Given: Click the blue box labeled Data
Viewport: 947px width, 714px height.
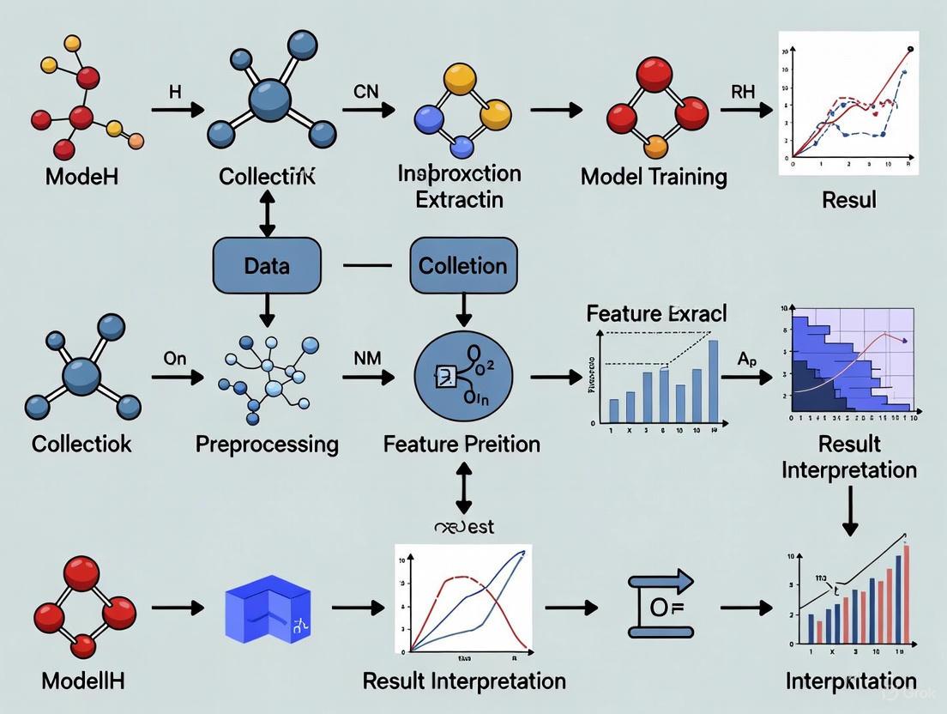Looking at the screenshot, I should coord(267,266).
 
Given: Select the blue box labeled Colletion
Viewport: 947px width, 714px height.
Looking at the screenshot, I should coord(463,266).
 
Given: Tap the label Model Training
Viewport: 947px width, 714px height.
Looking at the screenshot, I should coord(654,177).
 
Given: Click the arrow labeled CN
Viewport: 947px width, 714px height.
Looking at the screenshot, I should coord(369,109).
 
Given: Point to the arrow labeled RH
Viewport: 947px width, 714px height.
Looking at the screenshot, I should coord(745,109).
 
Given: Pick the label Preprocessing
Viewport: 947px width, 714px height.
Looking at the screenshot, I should coord(267,444).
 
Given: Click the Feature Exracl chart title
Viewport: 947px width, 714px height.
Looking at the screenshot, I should coord(656,313).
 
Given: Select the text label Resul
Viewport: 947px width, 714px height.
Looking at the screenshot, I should coord(848,200).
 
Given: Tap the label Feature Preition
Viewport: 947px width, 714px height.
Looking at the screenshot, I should coord(461,444).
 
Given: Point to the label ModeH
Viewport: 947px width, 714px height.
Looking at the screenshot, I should coord(82,177).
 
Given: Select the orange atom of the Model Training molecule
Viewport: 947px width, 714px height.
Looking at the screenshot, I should coord(655,147).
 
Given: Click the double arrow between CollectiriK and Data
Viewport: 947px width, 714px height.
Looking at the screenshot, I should coord(267,213).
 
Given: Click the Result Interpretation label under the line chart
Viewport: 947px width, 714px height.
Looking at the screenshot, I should coord(464,681).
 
